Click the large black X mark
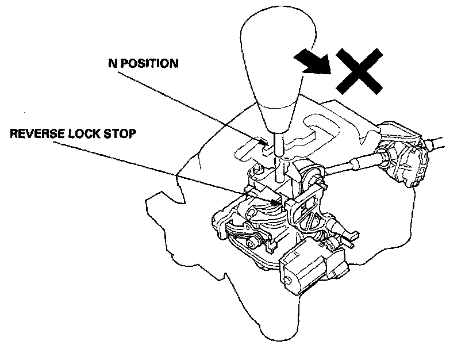point(359,71)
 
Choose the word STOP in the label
point(121,134)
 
